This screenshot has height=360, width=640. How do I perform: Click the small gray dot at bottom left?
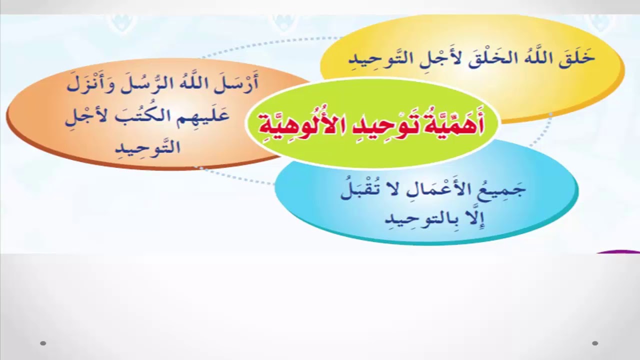pos(43,343)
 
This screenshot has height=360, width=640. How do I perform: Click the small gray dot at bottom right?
pos(595,343)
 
